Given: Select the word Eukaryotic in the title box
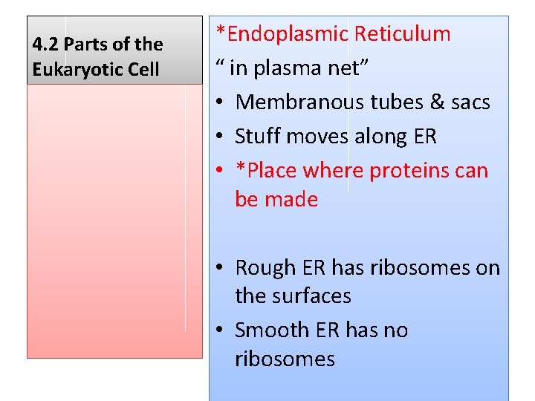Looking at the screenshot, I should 74,70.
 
